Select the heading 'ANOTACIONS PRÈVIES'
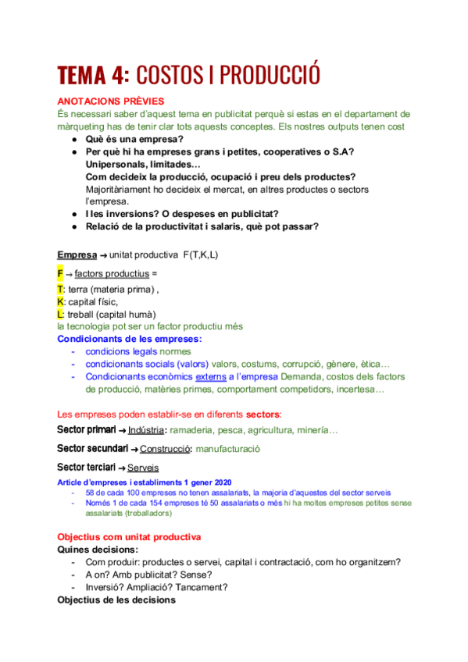tap(111, 101)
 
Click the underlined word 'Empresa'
tap(74, 255)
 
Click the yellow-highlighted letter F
tap(60, 274)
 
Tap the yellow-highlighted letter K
tap(61, 301)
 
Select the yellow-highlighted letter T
tap(61, 288)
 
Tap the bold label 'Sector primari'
tap(86, 430)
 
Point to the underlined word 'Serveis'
tap(142, 468)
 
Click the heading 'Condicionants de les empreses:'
tap(130, 339)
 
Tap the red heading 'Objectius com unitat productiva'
tap(129, 537)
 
